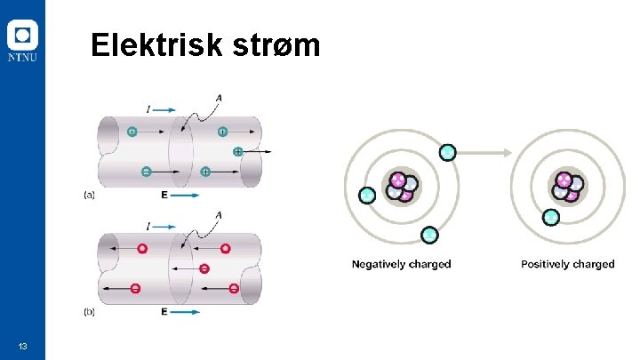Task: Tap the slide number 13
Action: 22,345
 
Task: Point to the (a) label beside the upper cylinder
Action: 90,194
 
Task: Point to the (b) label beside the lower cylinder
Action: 90,312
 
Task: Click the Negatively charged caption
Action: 401,264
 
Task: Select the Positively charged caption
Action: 567,264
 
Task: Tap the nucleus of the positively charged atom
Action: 567,185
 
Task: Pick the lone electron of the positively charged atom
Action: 551,216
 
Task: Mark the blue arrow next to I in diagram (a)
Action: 163,109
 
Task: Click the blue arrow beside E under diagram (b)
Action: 185,312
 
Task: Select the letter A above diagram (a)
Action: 219,98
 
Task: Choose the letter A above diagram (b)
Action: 219,215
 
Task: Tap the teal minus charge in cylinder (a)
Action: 146,171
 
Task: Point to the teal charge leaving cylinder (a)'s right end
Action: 237,152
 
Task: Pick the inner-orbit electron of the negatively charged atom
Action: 366,194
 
